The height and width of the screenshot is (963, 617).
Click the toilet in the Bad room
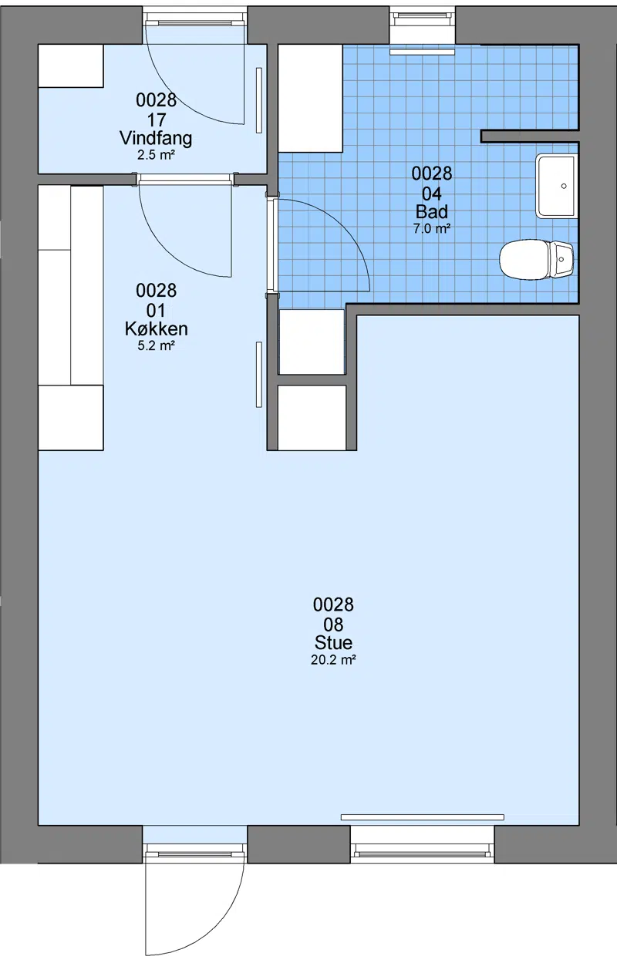tap(536, 261)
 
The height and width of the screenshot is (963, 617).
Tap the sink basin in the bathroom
tap(556, 187)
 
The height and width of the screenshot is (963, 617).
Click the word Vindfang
tap(156, 139)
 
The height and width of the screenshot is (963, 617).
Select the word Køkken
tap(156, 329)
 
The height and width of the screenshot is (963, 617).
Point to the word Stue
tap(333, 643)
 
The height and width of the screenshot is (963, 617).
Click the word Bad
tap(432, 211)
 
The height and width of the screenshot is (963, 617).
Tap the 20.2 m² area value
tap(333, 660)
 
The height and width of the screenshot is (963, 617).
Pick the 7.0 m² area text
tap(432, 229)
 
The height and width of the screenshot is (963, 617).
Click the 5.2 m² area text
tap(156, 345)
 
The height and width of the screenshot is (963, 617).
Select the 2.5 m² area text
tap(156, 155)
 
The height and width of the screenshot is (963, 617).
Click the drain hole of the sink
tap(564, 186)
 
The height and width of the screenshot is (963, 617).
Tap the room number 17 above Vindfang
tap(156, 120)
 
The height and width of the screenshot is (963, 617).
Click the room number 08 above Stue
tap(333, 625)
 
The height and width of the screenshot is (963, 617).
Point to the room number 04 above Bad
tap(432, 194)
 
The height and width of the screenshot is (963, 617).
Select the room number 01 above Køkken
tap(156, 311)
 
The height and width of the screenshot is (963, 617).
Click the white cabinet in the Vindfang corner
tap(71, 66)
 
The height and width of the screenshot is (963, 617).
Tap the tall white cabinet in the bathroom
tap(311, 99)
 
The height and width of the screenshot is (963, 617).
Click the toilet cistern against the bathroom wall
tap(562, 259)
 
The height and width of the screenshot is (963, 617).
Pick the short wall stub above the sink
tap(530, 136)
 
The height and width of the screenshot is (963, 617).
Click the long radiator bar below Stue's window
tap(422, 817)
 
